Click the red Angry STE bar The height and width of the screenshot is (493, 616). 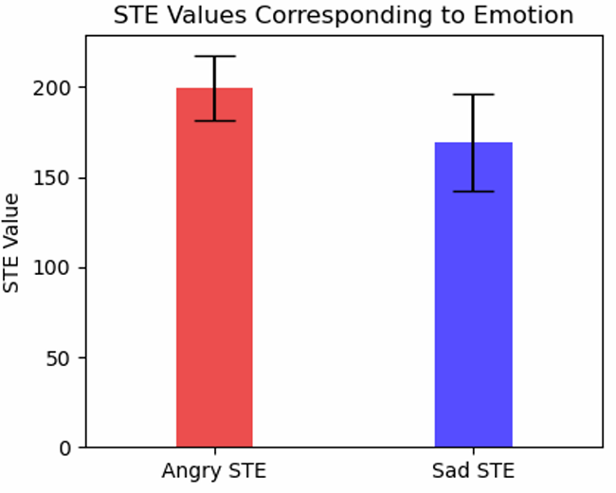(x=214, y=284)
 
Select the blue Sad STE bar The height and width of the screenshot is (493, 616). (x=473, y=303)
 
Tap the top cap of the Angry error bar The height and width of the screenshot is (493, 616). (x=214, y=57)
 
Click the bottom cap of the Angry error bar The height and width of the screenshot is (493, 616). (x=214, y=120)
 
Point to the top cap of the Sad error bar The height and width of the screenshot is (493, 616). (x=473, y=95)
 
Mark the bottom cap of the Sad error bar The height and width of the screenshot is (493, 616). (x=473, y=192)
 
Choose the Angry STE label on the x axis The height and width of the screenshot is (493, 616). (x=214, y=471)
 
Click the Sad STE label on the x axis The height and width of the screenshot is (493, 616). (x=473, y=471)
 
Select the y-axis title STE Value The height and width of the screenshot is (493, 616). (x=12, y=243)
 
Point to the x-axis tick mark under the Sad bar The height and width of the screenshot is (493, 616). (x=473, y=451)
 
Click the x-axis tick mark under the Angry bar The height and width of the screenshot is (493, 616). (x=214, y=451)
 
